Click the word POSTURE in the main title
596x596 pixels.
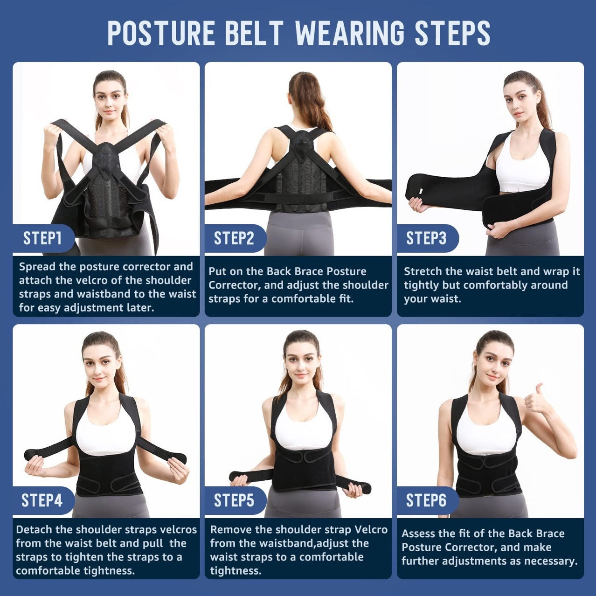click(161, 33)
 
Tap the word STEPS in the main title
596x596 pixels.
click(452, 33)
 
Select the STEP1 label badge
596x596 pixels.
click(42, 238)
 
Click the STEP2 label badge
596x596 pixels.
click(234, 238)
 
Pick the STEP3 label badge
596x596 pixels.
click(426, 238)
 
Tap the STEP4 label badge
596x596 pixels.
click(42, 500)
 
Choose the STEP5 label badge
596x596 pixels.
click(234, 500)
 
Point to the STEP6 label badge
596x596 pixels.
click(426, 500)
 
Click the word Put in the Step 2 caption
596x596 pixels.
click(217, 271)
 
